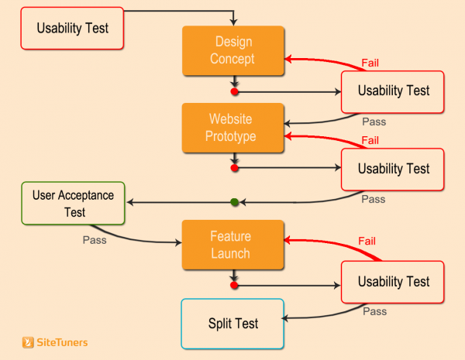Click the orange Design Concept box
point(234,50)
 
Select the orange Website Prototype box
point(234,128)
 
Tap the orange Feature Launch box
point(234,244)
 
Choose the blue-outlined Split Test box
point(232,323)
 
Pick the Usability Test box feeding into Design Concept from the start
point(72,28)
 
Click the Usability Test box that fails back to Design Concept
point(393,91)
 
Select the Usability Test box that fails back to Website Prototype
point(393,168)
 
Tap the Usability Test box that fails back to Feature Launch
point(393,282)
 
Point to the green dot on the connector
point(235,203)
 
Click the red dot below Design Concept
point(235,91)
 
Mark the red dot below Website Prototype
point(235,168)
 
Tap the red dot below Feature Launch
point(235,285)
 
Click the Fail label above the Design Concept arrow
point(370,63)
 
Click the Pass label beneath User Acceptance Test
point(95,240)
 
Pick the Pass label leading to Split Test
point(374,312)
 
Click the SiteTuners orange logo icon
point(28,341)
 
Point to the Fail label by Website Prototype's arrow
point(370,140)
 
